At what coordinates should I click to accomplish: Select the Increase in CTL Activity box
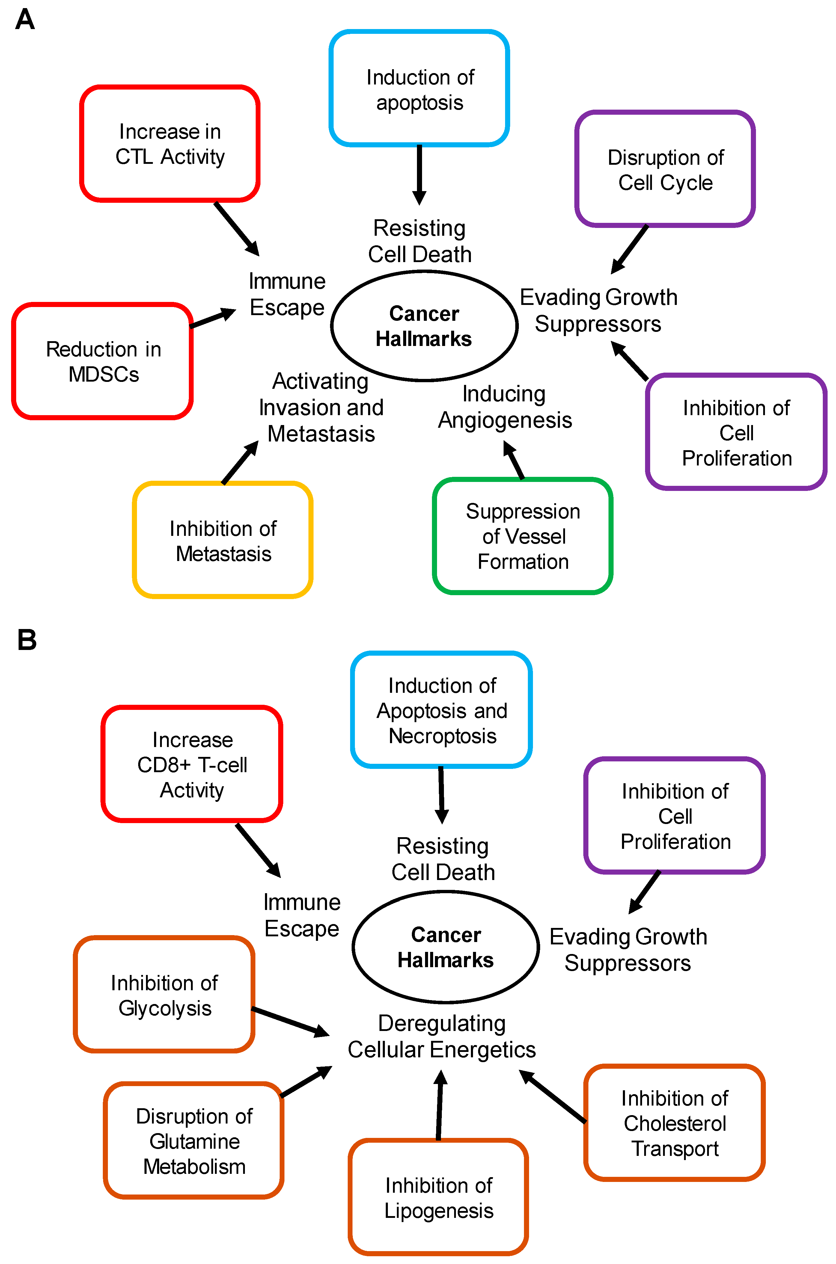(x=170, y=144)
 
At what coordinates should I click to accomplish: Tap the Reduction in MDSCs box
(x=103, y=361)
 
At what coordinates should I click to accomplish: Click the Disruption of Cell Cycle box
(x=665, y=170)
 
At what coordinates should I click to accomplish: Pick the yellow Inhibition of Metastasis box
(x=222, y=540)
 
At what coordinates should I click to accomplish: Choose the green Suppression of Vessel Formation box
(x=522, y=536)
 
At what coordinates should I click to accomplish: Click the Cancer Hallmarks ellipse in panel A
(x=424, y=326)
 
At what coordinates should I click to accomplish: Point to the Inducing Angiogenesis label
(x=504, y=407)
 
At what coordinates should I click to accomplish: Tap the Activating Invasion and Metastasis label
(x=321, y=407)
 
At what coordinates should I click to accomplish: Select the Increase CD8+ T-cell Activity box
(x=192, y=764)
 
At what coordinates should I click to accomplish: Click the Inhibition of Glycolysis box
(x=164, y=995)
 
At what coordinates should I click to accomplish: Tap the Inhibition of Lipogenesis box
(x=438, y=1198)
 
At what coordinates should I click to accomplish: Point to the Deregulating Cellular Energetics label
(x=442, y=1036)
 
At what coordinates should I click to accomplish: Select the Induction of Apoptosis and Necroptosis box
(x=442, y=710)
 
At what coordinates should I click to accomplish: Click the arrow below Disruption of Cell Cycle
(x=630, y=249)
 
